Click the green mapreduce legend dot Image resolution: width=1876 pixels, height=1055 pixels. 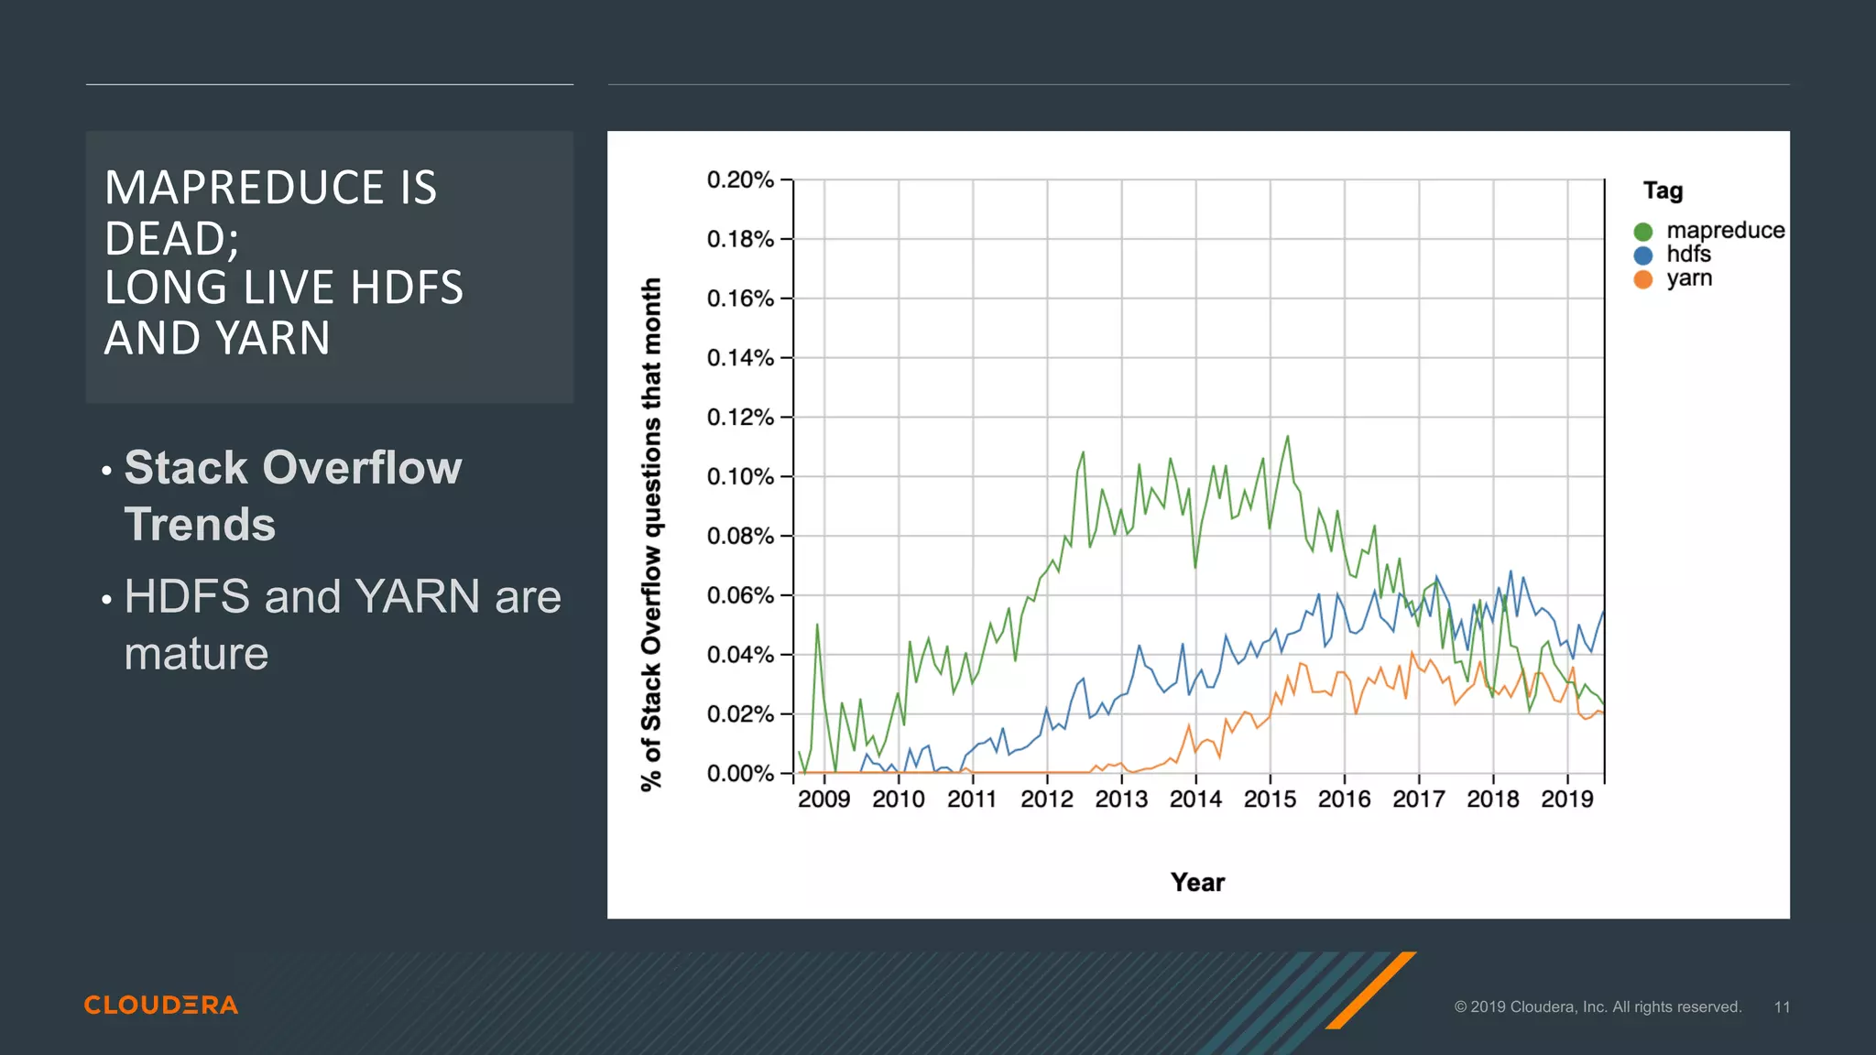1642,232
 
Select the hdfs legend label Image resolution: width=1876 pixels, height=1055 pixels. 1688,255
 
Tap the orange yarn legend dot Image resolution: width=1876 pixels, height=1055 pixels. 1642,279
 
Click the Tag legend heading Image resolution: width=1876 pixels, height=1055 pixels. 1663,190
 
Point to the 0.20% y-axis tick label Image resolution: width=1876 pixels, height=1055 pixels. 740,179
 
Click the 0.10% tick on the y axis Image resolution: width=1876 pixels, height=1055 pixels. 740,477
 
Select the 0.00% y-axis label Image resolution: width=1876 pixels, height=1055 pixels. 740,774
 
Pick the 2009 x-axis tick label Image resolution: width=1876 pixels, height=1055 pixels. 823,799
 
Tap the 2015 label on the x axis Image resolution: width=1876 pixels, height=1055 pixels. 1270,799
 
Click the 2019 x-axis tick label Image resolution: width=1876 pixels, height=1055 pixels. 1566,799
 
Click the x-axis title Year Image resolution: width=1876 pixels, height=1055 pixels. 1197,883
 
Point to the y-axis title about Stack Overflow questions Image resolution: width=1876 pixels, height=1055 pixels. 650,534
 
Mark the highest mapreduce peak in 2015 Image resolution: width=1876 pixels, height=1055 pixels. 1288,437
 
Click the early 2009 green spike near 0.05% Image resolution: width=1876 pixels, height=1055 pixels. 817,625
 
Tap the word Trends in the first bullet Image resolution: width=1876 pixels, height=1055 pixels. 200,525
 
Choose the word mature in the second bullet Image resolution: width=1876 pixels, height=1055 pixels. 196,654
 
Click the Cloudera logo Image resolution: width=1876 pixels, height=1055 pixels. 161,1005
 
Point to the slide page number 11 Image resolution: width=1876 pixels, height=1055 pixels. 1781,1006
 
